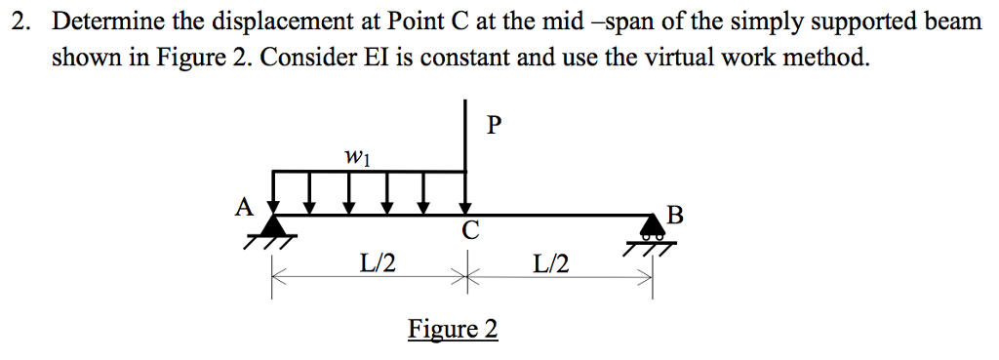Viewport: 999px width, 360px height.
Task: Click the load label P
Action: (494, 126)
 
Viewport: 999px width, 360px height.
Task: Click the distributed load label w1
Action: (356, 155)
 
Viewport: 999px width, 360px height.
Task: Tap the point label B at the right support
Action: (675, 215)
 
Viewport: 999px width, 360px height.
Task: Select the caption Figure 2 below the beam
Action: (453, 329)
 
